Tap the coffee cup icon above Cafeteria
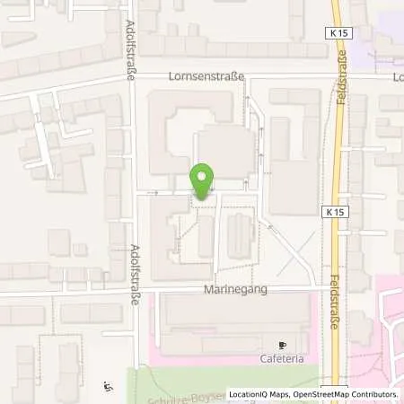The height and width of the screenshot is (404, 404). click(280, 344)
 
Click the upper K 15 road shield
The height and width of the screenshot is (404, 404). click(336, 33)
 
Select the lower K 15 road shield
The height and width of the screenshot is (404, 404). click(331, 211)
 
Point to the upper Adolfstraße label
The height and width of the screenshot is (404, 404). click(131, 50)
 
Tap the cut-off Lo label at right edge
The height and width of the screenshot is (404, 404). click(398, 77)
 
